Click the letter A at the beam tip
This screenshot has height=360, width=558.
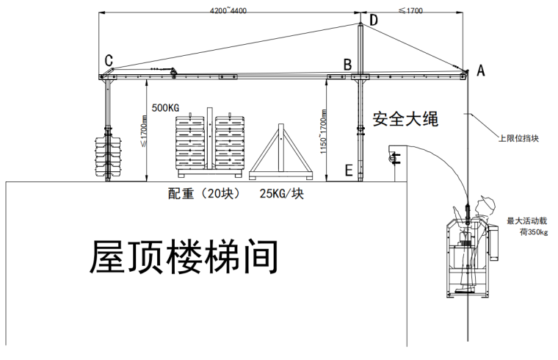coord(482,71)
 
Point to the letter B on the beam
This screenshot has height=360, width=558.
coord(347,65)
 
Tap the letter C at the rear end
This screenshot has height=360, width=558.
coord(109,60)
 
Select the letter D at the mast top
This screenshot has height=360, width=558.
coord(373,20)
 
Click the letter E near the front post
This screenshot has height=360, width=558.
coord(348,171)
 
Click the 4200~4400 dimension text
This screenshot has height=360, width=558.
coord(228,12)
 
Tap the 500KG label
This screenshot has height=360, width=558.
coord(165,107)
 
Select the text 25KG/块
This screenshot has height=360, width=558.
coord(281,194)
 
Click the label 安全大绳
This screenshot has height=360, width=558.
coord(405,118)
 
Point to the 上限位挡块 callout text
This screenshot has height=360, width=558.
coord(518,137)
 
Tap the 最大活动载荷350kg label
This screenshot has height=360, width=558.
coord(528,226)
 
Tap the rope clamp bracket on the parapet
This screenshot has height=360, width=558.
coord(394,157)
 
